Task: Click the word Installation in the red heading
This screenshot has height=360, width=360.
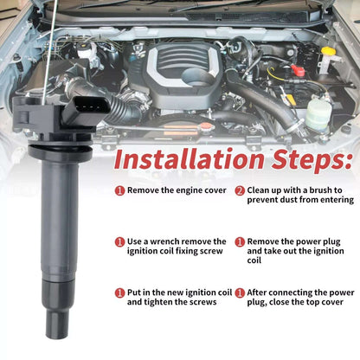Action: [x=189, y=159]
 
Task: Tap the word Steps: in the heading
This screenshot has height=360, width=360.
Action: [x=312, y=161]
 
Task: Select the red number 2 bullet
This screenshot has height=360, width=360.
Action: [x=240, y=190]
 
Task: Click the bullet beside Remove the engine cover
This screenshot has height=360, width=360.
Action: [x=119, y=190]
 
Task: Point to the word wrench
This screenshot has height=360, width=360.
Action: [x=164, y=241]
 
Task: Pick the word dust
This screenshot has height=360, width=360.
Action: [x=288, y=200]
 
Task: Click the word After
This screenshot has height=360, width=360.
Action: [x=256, y=292]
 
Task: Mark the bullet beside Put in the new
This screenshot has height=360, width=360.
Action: [x=119, y=293]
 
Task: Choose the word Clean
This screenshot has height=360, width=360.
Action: [x=258, y=190]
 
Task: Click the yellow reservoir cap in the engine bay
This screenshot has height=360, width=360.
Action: [x=329, y=51]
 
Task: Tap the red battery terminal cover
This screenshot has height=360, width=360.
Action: [x=298, y=70]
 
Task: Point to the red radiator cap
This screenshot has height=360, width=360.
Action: [x=205, y=126]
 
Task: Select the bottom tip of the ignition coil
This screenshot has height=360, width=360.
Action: [x=57, y=336]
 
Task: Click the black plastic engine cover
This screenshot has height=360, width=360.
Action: [x=177, y=72]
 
